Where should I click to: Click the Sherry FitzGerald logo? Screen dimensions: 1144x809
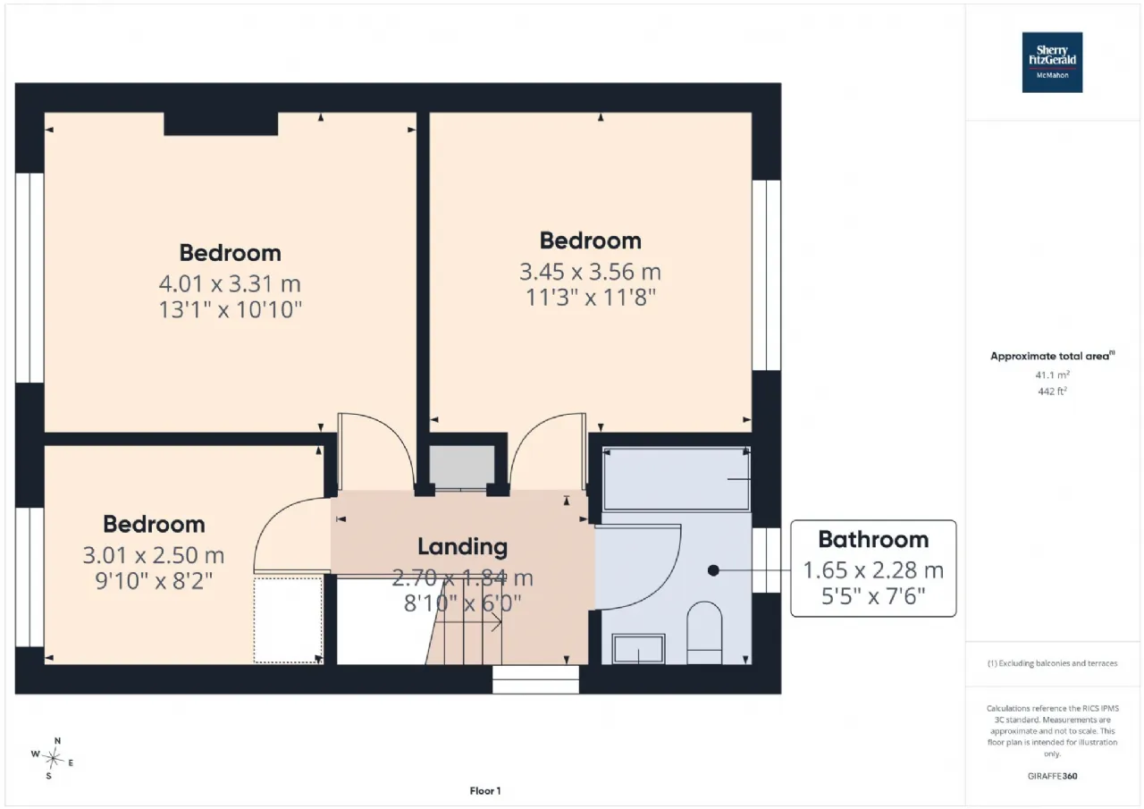[1052, 63]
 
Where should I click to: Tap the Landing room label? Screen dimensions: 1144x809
[463, 546]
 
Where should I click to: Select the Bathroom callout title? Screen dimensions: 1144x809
[873, 539]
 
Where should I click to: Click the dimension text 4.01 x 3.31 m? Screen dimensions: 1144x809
[230, 284]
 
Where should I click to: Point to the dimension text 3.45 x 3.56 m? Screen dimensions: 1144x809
[591, 272]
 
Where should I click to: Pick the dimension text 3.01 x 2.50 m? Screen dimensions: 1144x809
[154, 555]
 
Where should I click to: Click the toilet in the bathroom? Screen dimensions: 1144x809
[704, 633]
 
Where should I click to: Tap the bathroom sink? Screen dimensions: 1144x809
[638, 649]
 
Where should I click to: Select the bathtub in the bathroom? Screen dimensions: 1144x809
[677, 479]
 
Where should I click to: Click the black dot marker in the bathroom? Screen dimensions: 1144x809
[713, 570]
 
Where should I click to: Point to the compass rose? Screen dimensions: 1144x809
[53, 758]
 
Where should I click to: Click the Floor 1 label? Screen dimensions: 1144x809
[485, 791]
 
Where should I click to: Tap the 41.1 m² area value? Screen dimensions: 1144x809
[1053, 375]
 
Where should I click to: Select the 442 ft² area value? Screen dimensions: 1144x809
[1053, 392]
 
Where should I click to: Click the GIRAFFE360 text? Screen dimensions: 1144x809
[1053, 776]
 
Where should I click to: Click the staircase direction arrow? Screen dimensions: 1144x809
[467, 622]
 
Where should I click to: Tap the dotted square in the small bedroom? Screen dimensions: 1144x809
[288, 620]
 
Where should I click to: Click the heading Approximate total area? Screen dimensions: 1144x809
[1053, 356]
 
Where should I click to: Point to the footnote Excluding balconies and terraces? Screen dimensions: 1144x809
[1053, 663]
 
